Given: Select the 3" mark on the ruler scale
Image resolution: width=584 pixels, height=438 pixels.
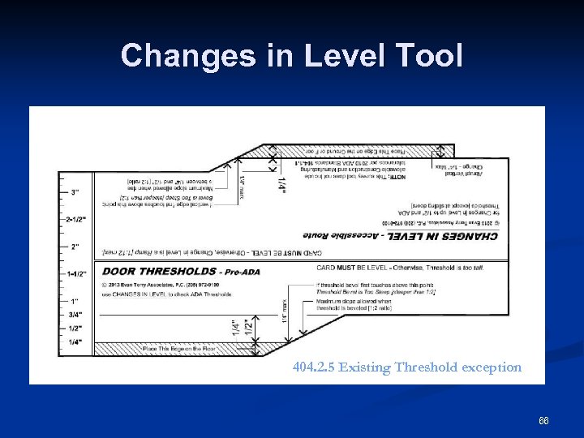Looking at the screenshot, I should click(75, 192).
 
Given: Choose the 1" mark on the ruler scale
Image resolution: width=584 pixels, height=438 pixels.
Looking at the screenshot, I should click(75, 301).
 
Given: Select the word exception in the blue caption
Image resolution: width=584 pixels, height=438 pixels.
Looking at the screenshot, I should click(493, 367).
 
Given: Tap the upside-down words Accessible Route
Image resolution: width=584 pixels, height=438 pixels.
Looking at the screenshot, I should click(332, 235).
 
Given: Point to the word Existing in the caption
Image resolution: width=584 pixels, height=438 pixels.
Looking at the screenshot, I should click(365, 367).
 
